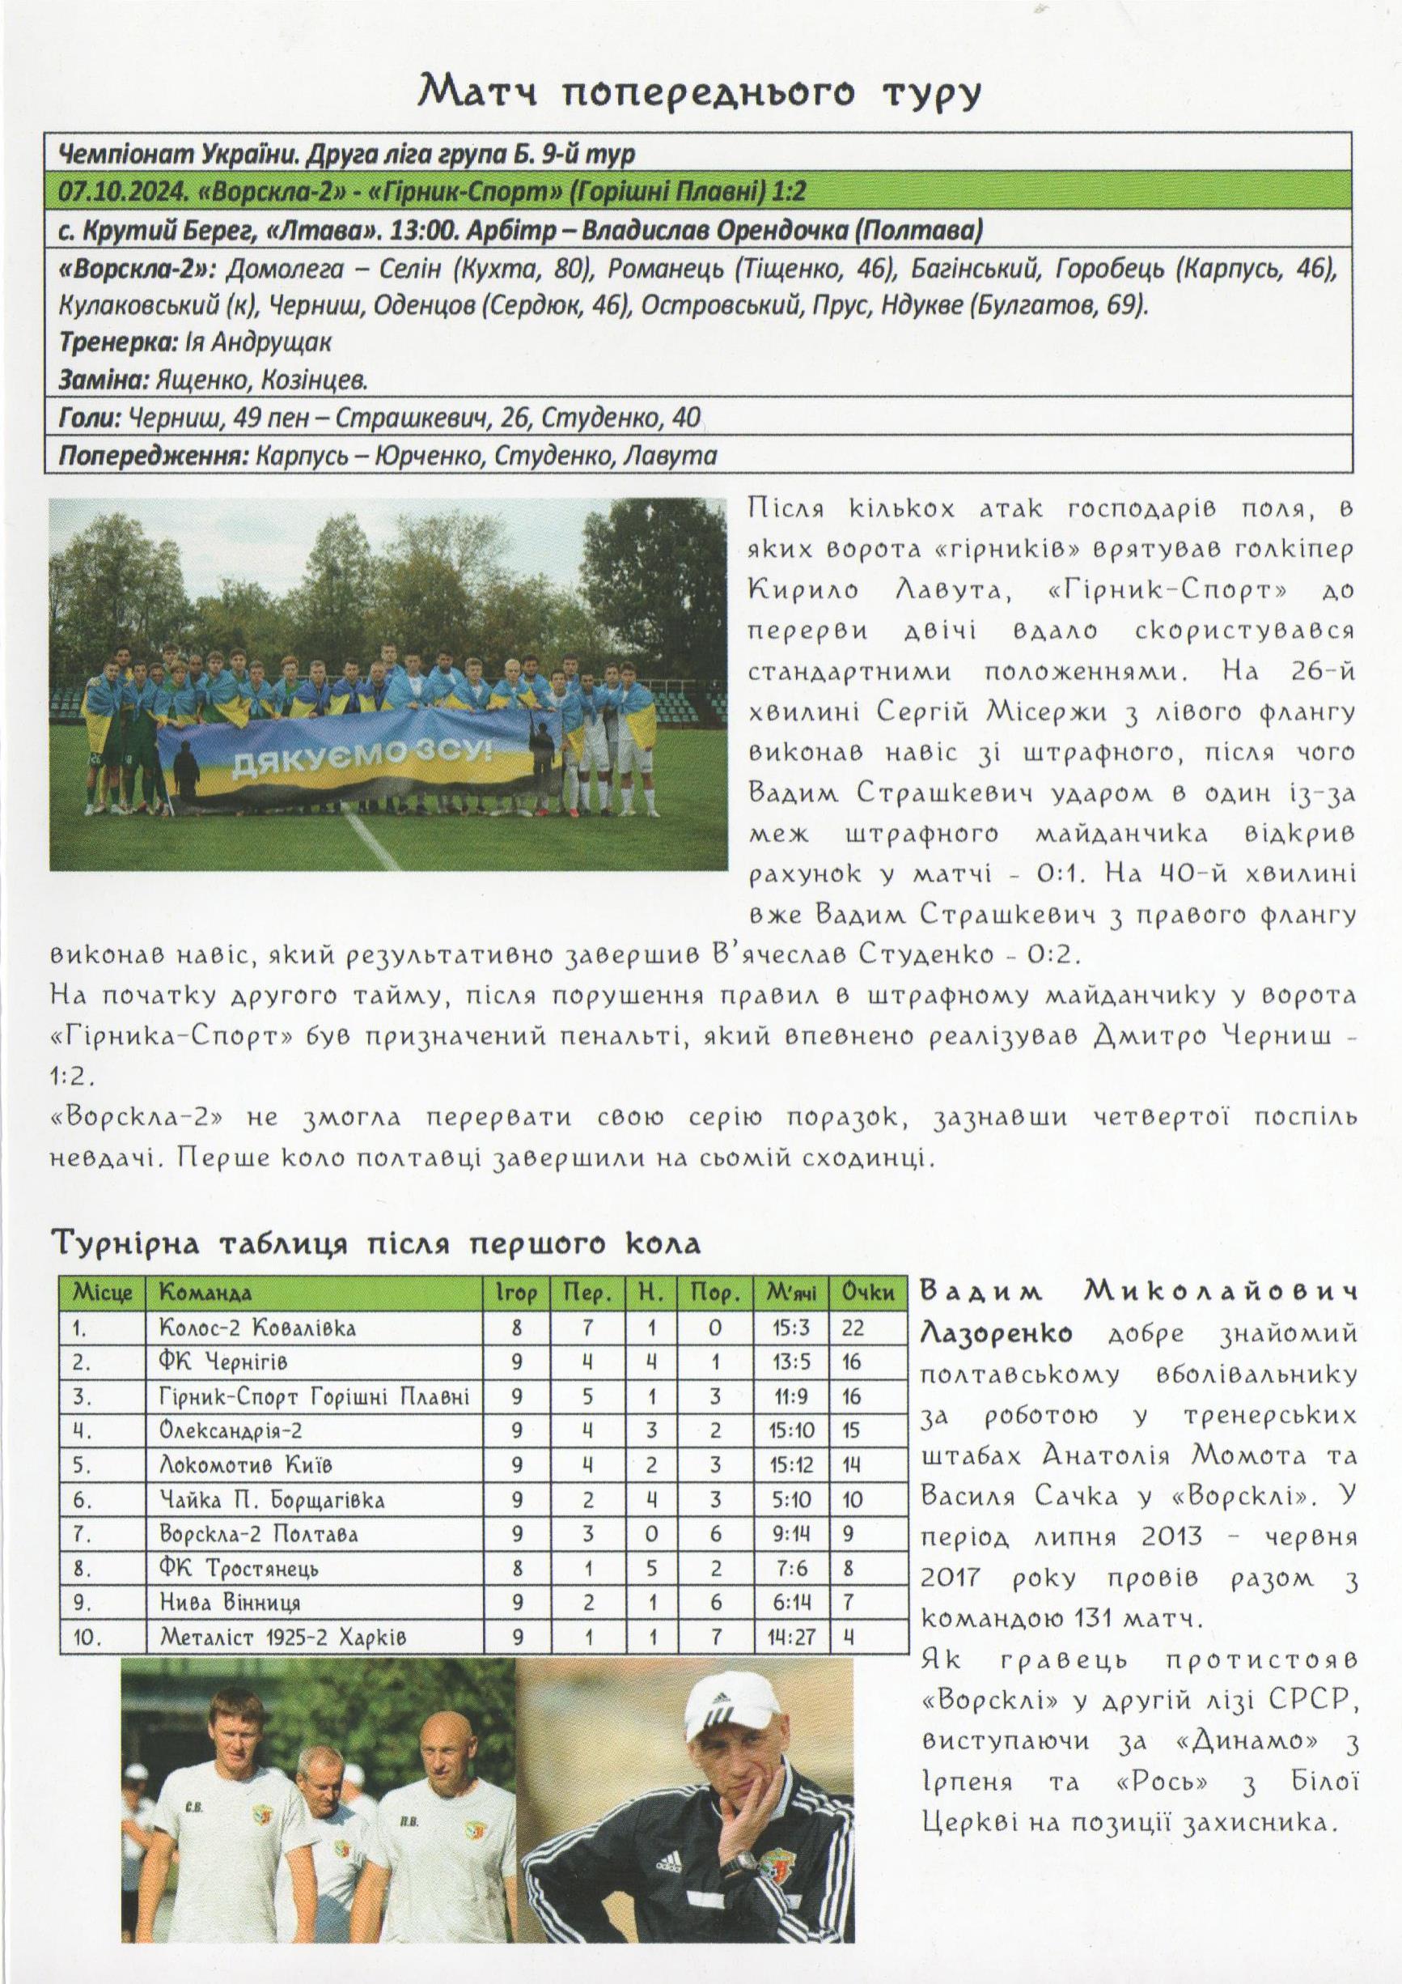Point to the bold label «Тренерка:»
116,343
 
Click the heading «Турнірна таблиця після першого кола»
377,1244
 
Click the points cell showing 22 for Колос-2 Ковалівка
853,1328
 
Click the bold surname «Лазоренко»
995,1334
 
